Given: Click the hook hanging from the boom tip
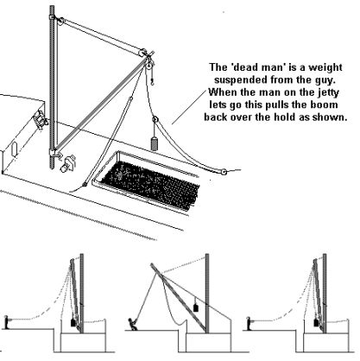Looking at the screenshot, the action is (153, 82).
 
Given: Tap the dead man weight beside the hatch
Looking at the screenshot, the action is (155, 143).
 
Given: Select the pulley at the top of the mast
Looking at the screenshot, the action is (60, 21).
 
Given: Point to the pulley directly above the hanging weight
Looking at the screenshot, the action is (155, 119).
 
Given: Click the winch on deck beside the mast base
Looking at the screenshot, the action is (67, 163).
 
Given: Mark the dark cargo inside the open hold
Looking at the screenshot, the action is (150, 181).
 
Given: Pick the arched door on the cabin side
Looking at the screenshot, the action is (14, 149).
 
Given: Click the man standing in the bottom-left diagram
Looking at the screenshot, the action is (6, 322).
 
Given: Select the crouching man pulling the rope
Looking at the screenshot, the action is (133, 325).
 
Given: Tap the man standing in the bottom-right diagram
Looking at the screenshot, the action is (249, 323).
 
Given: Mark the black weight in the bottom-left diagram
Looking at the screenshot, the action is (73, 321).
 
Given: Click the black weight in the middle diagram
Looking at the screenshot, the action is (196, 307).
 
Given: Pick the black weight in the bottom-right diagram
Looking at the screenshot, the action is (317, 321).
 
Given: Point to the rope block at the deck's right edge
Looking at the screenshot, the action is (224, 173).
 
